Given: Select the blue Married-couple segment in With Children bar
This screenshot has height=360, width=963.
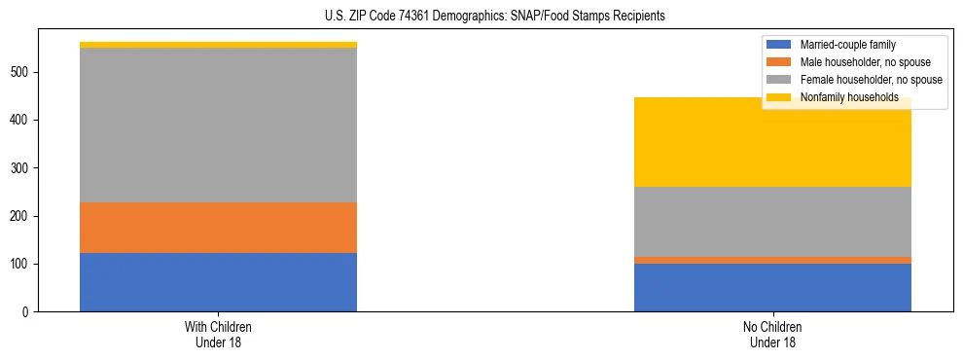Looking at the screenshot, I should pyautogui.click(x=218, y=282).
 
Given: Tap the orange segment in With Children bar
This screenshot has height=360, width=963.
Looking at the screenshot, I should pyautogui.click(x=218, y=228).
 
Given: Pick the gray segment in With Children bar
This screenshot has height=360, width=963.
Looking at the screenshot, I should pyautogui.click(x=218, y=126).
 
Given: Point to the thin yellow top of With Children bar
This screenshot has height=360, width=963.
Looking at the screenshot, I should pyautogui.click(x=218, y=45).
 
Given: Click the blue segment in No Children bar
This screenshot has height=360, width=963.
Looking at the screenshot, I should pyautogui.click(x=772, y=287).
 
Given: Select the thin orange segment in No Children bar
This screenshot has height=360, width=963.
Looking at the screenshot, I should pyautogui.click(x=772, y=260).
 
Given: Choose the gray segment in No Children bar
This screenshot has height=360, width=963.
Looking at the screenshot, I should pyautogui.click(x=772, y=222).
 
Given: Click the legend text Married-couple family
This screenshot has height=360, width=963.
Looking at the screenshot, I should pyautogui.click(x=848, y=45).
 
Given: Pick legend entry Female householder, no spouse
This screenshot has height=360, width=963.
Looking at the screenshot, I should pyautogui.click(x=865, y=80).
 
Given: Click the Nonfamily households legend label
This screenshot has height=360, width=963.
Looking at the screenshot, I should pyautogui.click(x=848, y=97).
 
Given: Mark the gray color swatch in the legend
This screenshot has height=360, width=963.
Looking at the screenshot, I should pyautogui.click(x=779, y=80).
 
